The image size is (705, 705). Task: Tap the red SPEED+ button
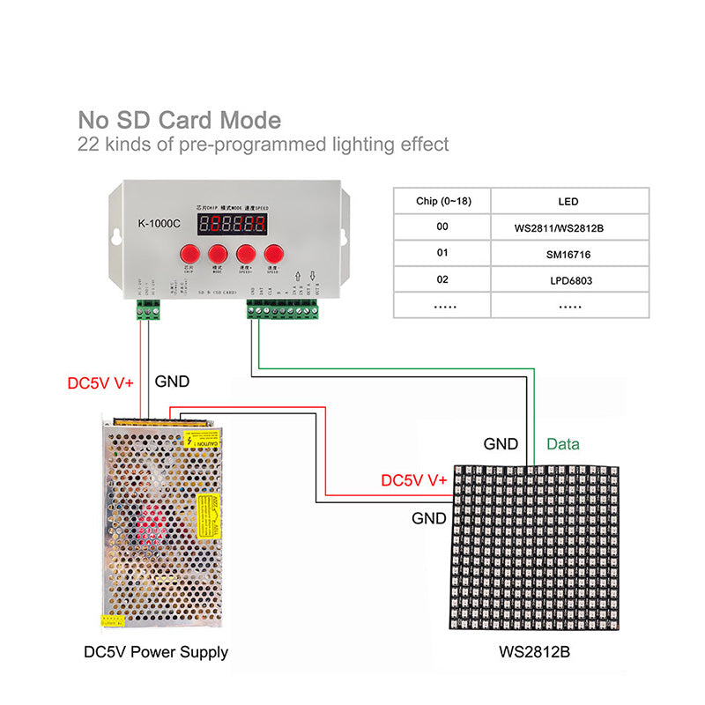[x=246, y=254]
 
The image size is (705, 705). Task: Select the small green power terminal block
[x=146, y=309]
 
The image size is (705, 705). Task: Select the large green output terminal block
[x=282, y=309]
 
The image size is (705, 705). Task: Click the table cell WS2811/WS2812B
[x=570, y=227]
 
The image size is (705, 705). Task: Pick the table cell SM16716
[x=570, y=254]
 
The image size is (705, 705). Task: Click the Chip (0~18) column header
[x=442, y=201]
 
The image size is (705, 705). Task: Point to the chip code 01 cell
[x=442, y=254]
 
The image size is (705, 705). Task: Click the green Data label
[x=563, y=444]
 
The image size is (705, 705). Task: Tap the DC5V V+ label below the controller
[x=100, y=383]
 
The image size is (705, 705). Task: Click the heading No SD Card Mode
[x=180, y=120]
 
